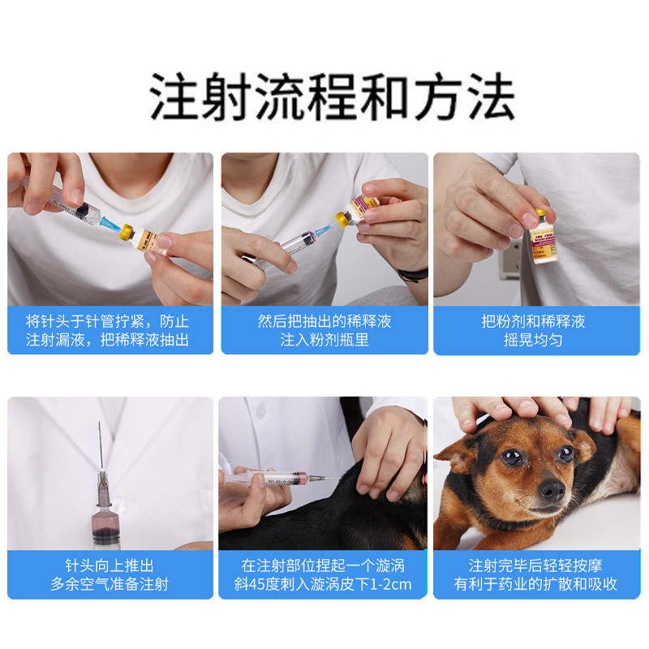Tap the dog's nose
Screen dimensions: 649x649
(552, 489)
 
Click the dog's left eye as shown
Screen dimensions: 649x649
(513, 457)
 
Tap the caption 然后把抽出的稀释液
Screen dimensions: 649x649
(324, 320)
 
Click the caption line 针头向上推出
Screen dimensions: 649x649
(110, 565)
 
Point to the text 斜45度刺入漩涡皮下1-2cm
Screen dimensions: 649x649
(324, 584)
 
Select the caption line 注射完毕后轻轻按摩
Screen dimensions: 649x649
(536, 565)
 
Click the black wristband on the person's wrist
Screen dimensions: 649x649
(414, 275)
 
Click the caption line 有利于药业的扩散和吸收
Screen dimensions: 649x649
(536, 584)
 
